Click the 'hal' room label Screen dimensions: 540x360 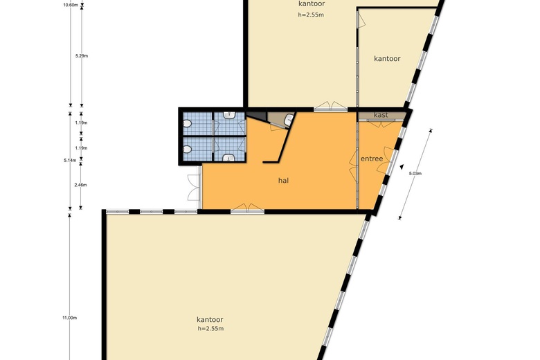[x=283, y=180]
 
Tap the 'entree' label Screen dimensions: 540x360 [x=372, y=159]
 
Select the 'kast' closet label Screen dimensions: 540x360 [x=381, y=115]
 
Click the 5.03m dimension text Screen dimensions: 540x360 [x=415, y=174]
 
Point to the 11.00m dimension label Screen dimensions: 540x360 [x=69, y=318]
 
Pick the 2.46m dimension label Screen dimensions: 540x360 [x=80, y=185]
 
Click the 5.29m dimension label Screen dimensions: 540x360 [x=82, y=56]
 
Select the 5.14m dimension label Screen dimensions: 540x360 [x=70, y=160]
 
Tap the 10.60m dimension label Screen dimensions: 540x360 [x=71, y=5]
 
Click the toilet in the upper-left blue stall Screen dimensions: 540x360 [x=188, y=124]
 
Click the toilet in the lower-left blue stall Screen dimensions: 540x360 [x=188, y=150]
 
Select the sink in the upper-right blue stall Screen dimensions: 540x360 [x=229, y=115]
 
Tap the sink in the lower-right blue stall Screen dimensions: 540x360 [x=229, y=158]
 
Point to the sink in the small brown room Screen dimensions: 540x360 [x=289, y=120]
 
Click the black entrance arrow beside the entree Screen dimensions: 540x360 [x=402, y=167]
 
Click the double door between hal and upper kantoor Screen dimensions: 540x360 [x=331, y=106]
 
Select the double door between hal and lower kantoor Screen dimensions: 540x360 [x=247, y=208]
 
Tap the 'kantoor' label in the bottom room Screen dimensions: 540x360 [x=210, y=320]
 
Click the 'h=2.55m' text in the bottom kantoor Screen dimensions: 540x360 [x=210, y=329]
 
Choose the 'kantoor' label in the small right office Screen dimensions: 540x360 [x=387, y=59]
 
